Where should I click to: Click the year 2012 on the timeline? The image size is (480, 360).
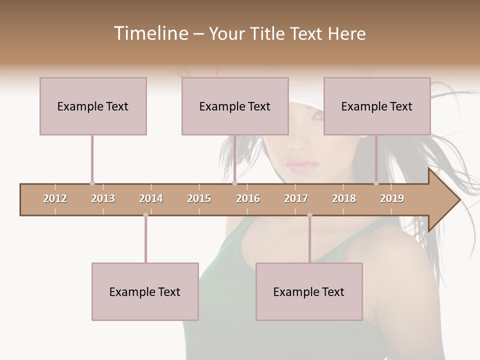click(x=55, y=198)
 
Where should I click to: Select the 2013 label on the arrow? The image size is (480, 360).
click(x=103, y=198)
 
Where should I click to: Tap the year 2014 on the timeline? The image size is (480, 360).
click(x=151, y=198)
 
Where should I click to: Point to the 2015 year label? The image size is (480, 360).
click(x=199, y=198)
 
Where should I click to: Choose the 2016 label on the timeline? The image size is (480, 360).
click(x=248, y=198)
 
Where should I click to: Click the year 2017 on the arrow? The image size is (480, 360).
click(x=296, y=198)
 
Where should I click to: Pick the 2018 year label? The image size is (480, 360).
click(x=344, y=198)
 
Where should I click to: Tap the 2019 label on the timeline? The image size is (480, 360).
click(x=392, y=198)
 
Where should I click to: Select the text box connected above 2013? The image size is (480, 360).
click(x=93, y=106)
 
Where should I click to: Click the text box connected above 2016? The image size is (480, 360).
click(x=235, y=106)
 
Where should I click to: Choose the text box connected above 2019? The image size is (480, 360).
click(x=377, y=106)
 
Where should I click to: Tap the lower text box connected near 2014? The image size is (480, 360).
click(x=145, y=291)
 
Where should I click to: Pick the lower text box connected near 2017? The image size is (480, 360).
click(x=309, y=291)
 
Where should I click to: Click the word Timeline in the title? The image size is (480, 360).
click(x=150, y=33)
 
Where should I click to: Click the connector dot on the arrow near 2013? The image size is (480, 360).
click(x=92, y=183)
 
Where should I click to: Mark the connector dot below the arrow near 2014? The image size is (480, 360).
click(x=145, y=215)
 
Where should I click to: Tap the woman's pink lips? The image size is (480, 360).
click(x=302, y=165)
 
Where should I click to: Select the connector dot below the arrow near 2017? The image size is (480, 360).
click(x=309, y=215)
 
